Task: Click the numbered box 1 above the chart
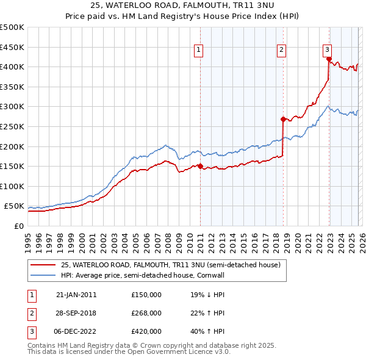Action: click(x=199, y=51)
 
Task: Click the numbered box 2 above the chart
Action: click(x=281, y=51)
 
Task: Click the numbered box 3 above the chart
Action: click(x=327, y=51)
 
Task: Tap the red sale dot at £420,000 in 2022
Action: click(x=329, y=59)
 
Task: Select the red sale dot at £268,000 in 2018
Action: click(x=283, y=120)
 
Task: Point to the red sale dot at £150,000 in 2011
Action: click(x=200, y=166)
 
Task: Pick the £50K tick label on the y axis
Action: click(x=15, y=206)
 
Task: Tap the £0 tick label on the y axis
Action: click(x=18, y=226)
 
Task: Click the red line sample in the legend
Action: click(x=43, y=265)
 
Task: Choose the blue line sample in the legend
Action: click(x=43, y=275)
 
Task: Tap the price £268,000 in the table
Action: click(x=146, y=313)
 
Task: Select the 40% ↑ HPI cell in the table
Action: click(x=208, y=332)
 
